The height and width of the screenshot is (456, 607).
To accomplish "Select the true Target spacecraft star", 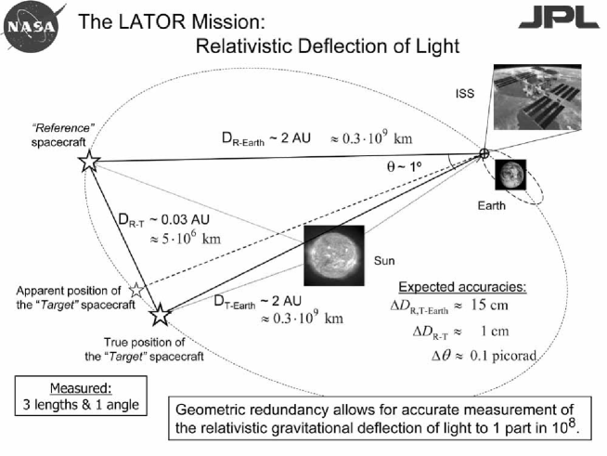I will (160, 315).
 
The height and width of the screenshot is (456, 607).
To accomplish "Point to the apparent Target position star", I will (137, 291).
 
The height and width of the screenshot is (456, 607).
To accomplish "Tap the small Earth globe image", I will (509, 174).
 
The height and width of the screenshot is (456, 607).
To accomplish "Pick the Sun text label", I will (384, 261).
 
